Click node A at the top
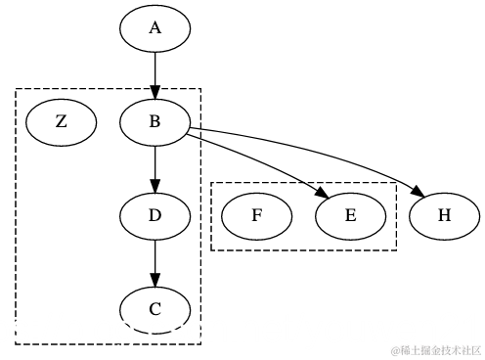154,28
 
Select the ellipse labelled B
154,121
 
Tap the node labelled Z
61,121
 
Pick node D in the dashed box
154,215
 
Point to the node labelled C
154,309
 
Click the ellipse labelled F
256,215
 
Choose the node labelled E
350,215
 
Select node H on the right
444,215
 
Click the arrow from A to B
154,74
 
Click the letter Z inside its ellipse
61,121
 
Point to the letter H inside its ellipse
444,215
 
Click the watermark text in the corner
436,349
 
